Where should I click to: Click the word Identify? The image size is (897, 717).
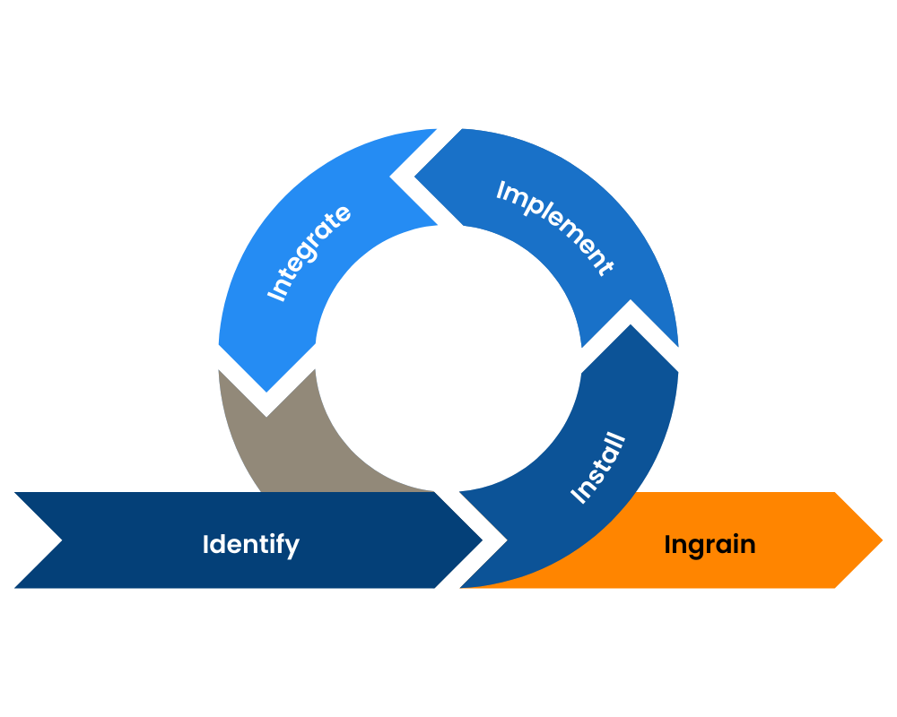[x=250, y=544]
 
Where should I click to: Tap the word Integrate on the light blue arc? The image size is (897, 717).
[x=309, y=254]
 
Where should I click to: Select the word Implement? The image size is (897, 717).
[x=554, y=228]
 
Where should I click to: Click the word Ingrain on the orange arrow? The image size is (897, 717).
[x=710, y=544]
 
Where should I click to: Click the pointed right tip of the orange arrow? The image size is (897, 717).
[x=881, y=540]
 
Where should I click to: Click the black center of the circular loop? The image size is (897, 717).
[x=448, y=358]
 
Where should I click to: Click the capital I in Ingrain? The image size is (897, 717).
[x=668, y=544]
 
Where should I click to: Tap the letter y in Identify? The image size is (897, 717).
[x=292, y=547]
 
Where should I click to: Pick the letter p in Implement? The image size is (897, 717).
[x=536, y=213]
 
